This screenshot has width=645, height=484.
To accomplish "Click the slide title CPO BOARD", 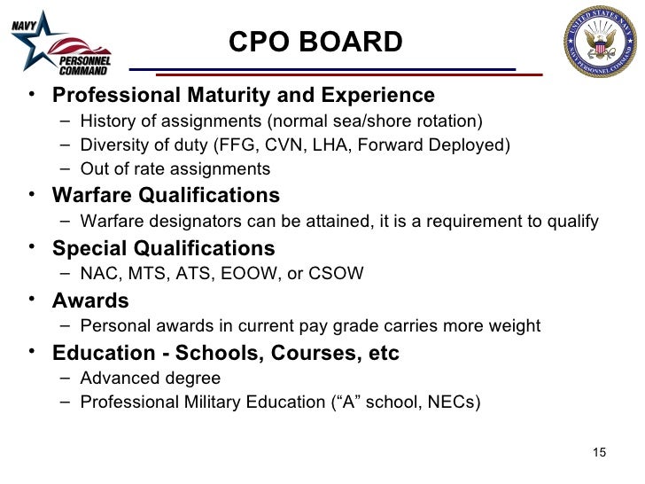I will point(315,42).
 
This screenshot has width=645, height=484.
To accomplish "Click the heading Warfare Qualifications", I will point(166,195).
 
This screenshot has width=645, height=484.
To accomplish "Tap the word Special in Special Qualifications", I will point(89,248).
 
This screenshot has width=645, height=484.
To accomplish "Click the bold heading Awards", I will point(90,301).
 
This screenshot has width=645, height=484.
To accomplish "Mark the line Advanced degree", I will point(150,379).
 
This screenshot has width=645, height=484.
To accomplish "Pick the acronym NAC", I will point(97,274).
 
